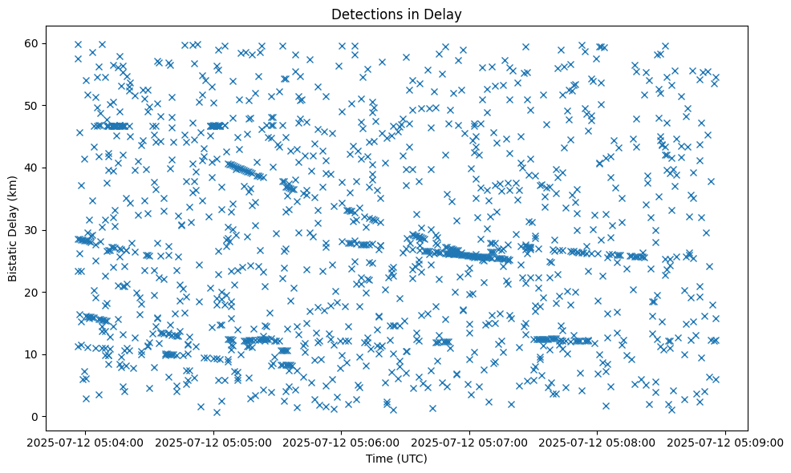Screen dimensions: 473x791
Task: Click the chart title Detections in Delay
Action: (x=396, y=14)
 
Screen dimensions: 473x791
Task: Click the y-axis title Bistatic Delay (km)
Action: (x=14, y=228)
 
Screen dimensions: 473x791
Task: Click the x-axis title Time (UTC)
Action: (x=396, y=459)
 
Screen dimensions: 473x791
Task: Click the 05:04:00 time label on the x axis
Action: (x=86, y=442)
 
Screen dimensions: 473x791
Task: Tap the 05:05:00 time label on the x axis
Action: (x=213, y=442)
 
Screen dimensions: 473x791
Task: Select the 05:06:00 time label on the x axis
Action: (x=342, y=442)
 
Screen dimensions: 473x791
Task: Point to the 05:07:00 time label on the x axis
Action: (x=469, y=442)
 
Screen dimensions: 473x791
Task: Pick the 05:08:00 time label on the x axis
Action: (x=597, y=442)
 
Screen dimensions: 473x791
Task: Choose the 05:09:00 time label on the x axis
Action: (x=725, y=442)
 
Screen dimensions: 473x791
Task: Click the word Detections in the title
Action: (x=364, y=14)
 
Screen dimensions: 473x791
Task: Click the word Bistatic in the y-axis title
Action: (x=14, y=258)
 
